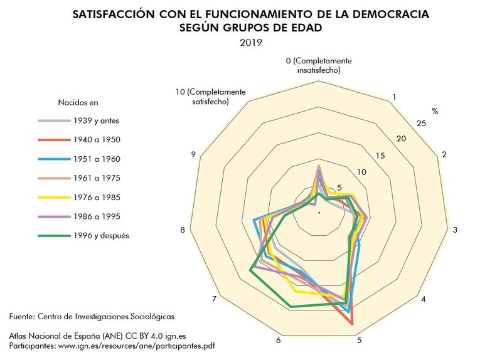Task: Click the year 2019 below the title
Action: pos(250,43)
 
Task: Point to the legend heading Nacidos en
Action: pos(78,102)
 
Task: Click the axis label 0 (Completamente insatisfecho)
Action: pos(319,65)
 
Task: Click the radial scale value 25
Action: pos(421,124)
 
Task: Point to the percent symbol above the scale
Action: pos(434,111)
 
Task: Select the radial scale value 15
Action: pos(380,156)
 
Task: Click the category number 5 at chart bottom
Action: pos(360,341)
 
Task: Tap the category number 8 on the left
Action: pos(183,230)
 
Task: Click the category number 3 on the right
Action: pos(455,230)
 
